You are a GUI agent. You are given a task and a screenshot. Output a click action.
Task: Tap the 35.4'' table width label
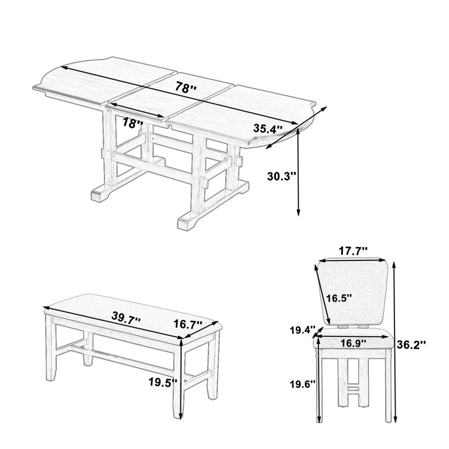pyautogui.click(x=267, y=129)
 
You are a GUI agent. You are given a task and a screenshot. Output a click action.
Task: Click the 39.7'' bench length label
pyautogui.click(x=126, y=318)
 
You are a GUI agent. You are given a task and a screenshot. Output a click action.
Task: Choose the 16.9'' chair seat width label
pyautogui.click(x=353, y=342)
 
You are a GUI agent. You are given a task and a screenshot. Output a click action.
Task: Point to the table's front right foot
pyautogui.click(x=189, y=222)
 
